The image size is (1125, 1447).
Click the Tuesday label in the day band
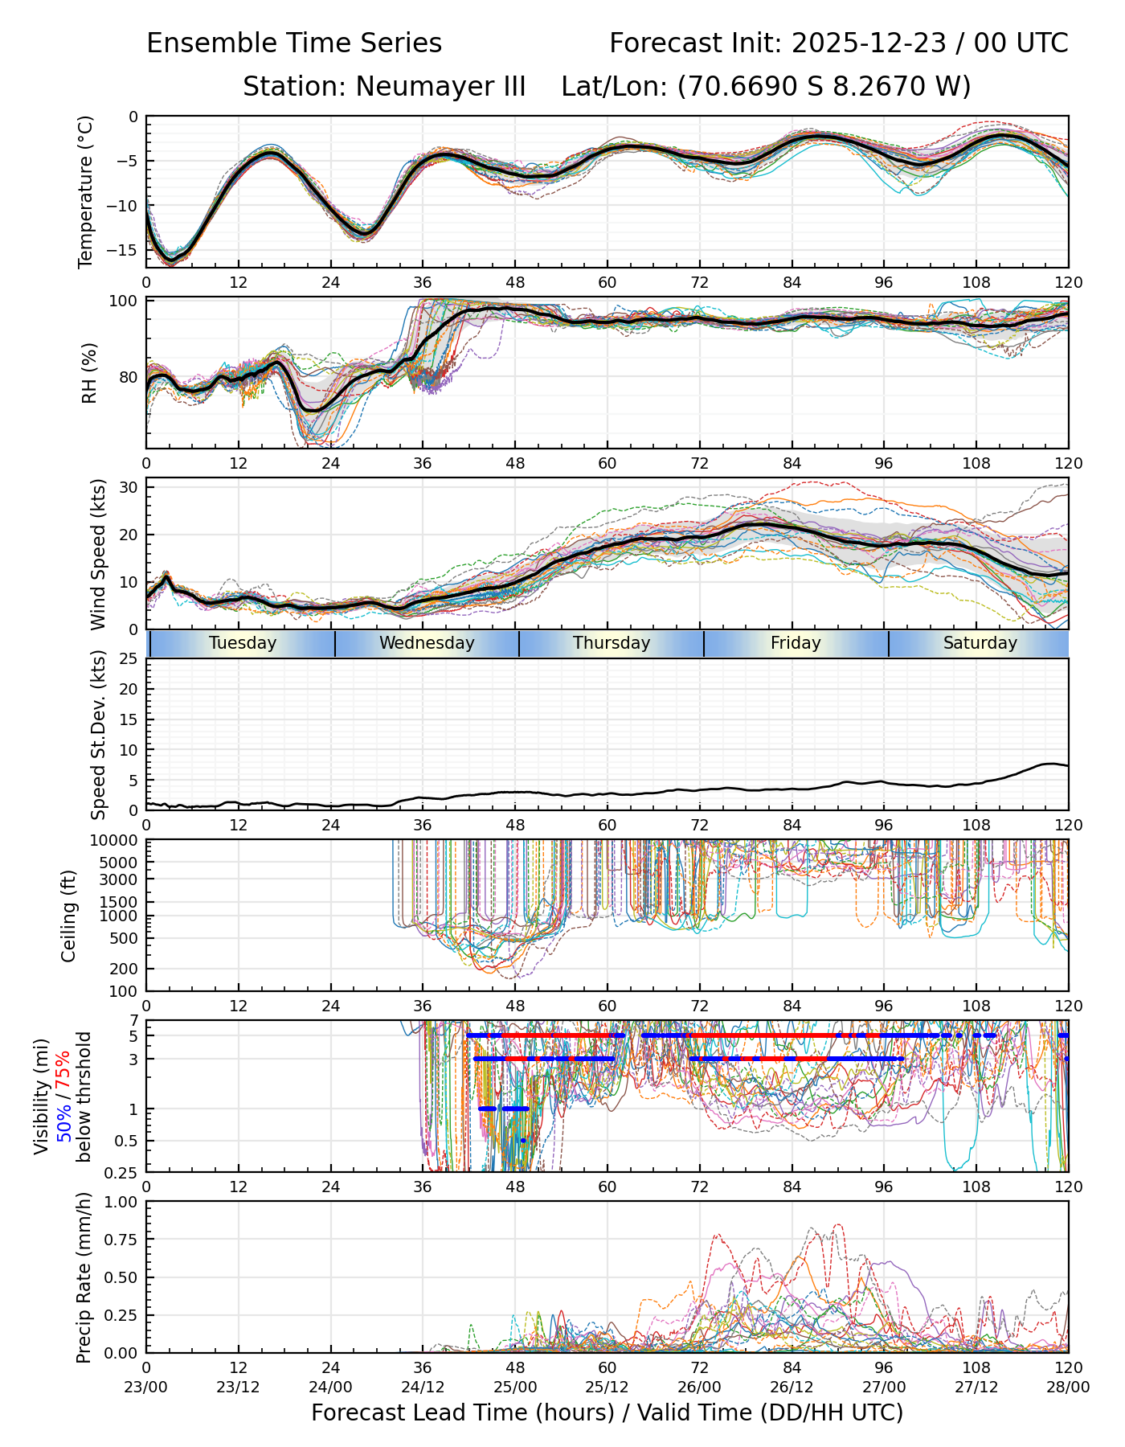[x=243, y=643]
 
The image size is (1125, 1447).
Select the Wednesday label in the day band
[x=427, y=643]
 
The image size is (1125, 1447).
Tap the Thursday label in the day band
[x=612, y=643]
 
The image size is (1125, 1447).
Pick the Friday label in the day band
[x=796, y=643]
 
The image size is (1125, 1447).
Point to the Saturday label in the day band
[x=980, y=643]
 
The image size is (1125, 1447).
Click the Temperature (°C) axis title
[x=86, y=191]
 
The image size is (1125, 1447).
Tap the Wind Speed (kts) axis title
[x=98, y=554]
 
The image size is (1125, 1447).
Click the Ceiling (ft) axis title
[x=69, y=916]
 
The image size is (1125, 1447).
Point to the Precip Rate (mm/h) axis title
[x=84, y=1277]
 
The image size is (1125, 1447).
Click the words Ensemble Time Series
[x=294, y=43]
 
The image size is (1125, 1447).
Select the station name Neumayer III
[x=440, y=86]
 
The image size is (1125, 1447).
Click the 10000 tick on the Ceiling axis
[x=117, y=841]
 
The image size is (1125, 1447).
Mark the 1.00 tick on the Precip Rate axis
[x=121, y=1202]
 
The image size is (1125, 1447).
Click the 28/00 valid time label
[x=1068, y=1388]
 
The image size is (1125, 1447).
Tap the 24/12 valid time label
[x=423, y=1388]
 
